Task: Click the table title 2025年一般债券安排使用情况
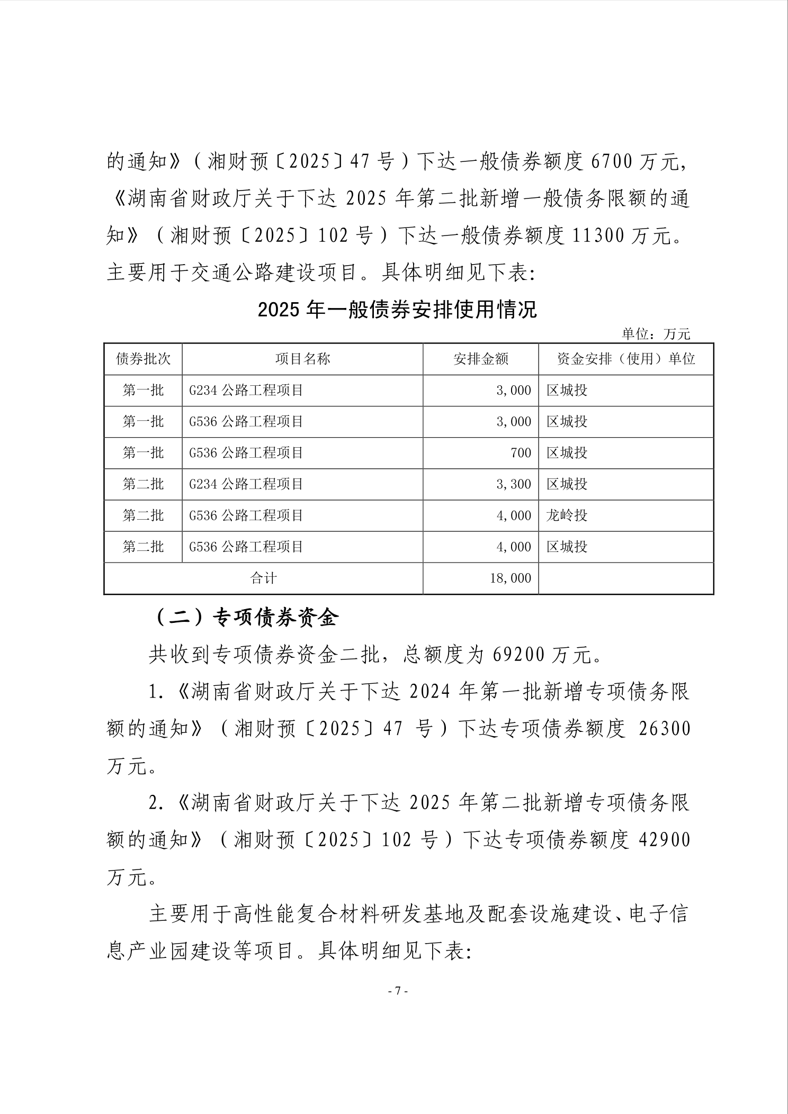(397, 310)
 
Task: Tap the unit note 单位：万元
(656, 334)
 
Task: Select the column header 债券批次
(144, 359)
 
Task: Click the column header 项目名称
(302, 359)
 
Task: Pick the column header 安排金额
(481, 359)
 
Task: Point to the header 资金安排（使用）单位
(626, 359)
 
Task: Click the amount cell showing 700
(521, 453)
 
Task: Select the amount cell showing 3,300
(514, 484)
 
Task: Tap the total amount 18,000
(511, 578)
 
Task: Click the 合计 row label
(263, 578)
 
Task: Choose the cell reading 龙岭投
(567, 515)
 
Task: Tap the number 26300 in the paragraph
(665, 729)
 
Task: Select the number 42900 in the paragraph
(665, 840)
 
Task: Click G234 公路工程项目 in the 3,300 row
(246, 484)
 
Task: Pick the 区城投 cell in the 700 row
(567, 453)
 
